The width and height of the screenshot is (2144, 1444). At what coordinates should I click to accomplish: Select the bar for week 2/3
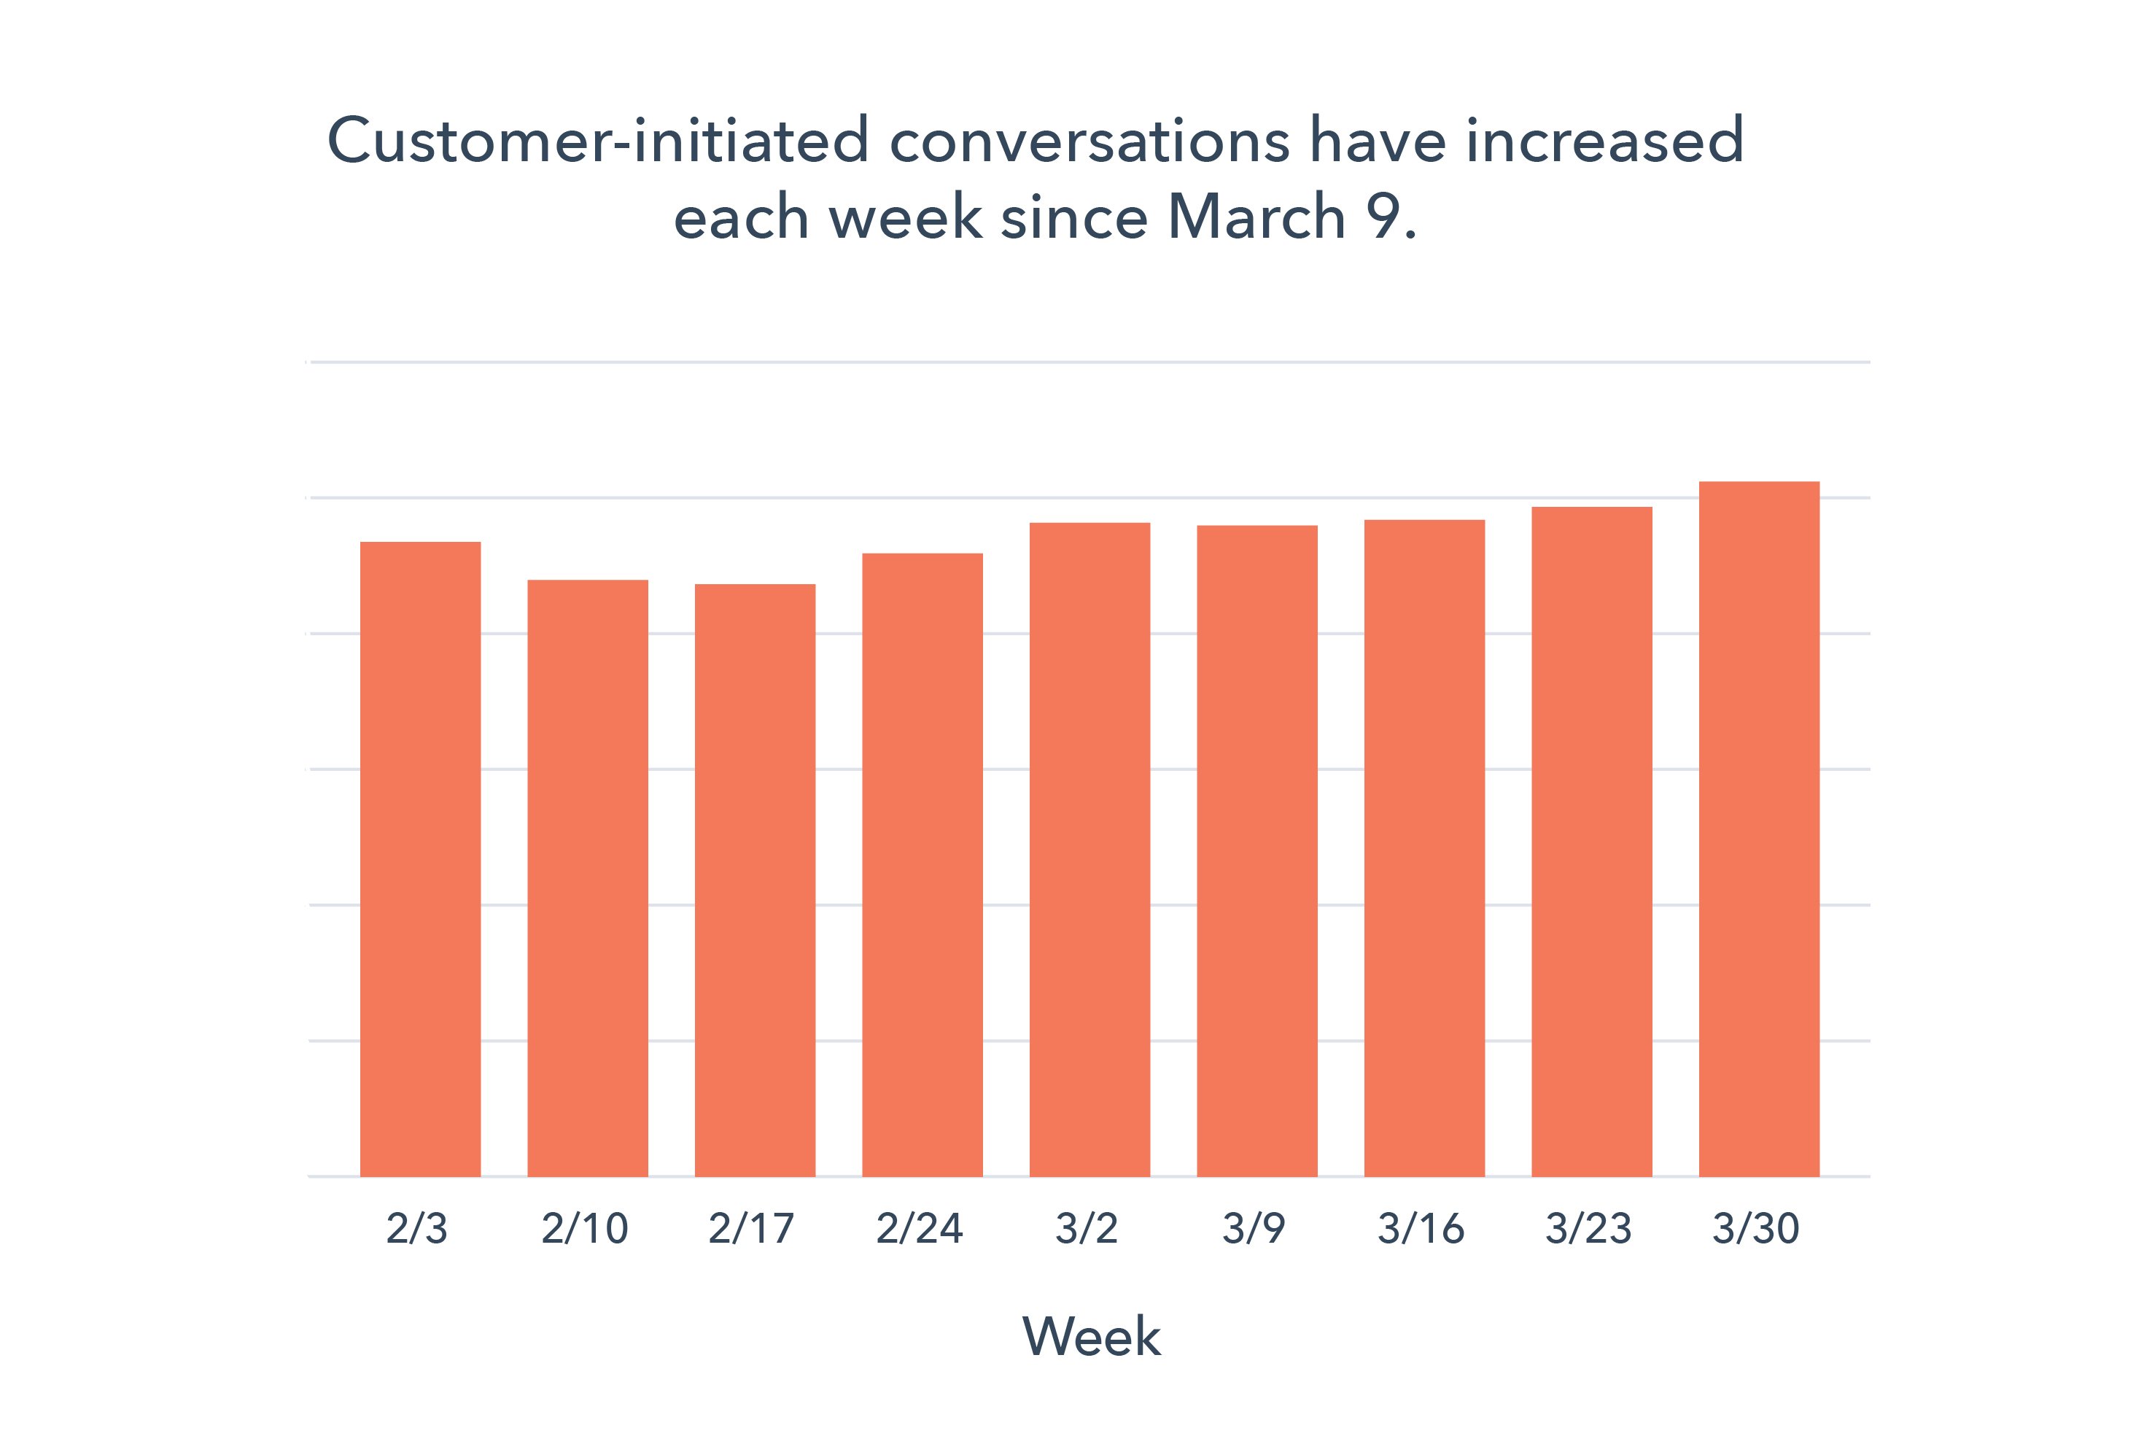(x=420, y=858)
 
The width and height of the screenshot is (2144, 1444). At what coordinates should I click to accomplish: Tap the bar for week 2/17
(x=756, y=880)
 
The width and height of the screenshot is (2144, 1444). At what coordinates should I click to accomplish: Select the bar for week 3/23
(x=1591, y=841)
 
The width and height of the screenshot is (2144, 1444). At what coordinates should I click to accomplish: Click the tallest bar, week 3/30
(x=1759, y=828)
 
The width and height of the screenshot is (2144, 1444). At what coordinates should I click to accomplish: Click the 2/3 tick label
(x=417, y=1229)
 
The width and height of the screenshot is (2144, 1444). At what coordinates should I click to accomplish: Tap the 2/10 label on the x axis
(x=585, y=1229)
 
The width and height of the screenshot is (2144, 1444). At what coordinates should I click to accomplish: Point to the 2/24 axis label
(x=919, y=1229)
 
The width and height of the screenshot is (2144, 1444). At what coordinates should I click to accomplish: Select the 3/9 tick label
(x=1254, y=1229)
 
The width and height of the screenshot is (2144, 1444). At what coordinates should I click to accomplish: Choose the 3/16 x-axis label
(x=1421, y=1229)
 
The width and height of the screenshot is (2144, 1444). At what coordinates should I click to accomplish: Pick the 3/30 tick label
(x=1755, y=1229)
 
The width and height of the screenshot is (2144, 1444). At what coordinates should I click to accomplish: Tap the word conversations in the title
(x=1090, y=141)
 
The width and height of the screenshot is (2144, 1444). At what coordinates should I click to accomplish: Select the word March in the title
(x=1257, y=217)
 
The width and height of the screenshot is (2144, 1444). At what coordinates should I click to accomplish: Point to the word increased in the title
(x=1604, y=141)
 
